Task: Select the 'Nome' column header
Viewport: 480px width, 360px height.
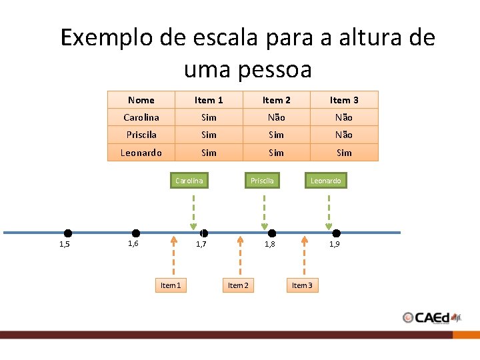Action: (141, 100)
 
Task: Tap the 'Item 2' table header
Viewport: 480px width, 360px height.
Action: (276, 100)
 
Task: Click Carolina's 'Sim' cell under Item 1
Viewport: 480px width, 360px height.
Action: (209, 117)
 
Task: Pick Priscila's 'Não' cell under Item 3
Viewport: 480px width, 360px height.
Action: (344, 135)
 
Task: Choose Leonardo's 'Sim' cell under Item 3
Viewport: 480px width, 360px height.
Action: (344, 153)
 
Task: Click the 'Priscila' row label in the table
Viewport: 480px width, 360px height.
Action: (141, 135)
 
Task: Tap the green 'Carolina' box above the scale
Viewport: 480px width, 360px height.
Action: (189, 180)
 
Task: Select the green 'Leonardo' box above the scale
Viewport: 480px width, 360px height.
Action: (326, 180)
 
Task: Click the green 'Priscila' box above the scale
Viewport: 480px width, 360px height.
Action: (262, 180)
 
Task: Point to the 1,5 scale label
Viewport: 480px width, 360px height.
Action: (64, 245)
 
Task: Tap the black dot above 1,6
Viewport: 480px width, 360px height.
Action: (136, 233)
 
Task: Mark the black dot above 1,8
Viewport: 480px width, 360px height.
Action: (272, 233)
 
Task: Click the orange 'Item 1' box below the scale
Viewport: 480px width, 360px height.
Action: (170, 285)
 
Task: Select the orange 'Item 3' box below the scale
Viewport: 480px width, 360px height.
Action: (301, 285)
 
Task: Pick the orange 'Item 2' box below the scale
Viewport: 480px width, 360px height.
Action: (238, 285)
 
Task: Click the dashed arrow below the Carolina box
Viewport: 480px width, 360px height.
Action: (193, 210)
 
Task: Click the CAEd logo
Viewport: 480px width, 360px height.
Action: (432, 317)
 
